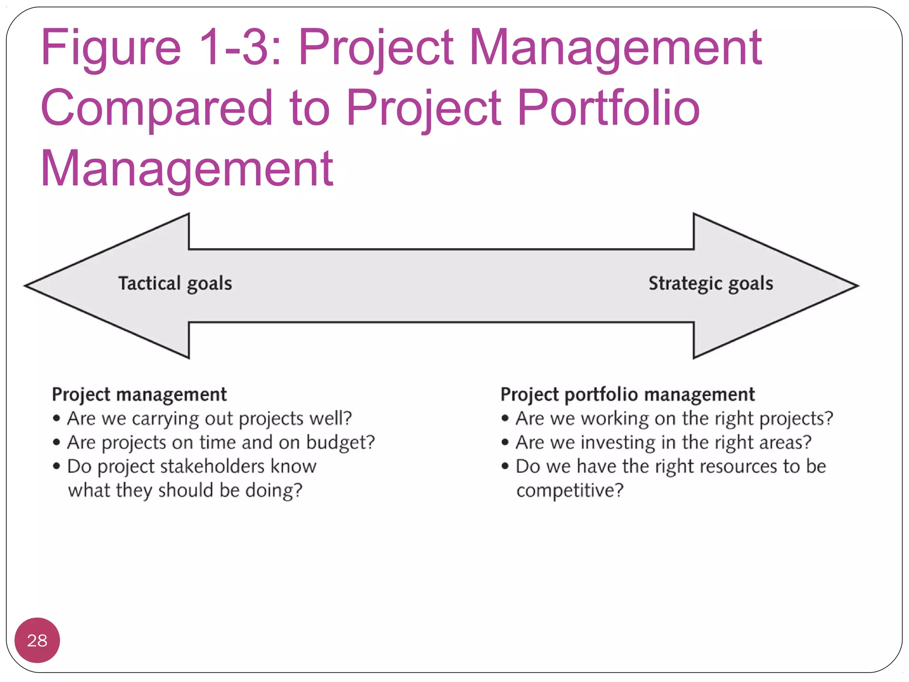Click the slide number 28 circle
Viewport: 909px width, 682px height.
coord(37,640)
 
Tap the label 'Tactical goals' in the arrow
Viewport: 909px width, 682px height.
coord(175,283)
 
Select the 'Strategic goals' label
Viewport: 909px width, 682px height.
coord(711,283)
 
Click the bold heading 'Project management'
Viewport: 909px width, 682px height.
coord(139,394)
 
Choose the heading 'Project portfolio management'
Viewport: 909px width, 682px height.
coord(628,394)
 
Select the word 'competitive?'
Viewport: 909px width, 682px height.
coord(570,491)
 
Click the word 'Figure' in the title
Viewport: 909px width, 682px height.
coord(111,48)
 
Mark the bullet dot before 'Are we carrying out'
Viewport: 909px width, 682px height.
coord(56,418)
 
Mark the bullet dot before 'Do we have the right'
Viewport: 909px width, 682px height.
coord(505,466)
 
